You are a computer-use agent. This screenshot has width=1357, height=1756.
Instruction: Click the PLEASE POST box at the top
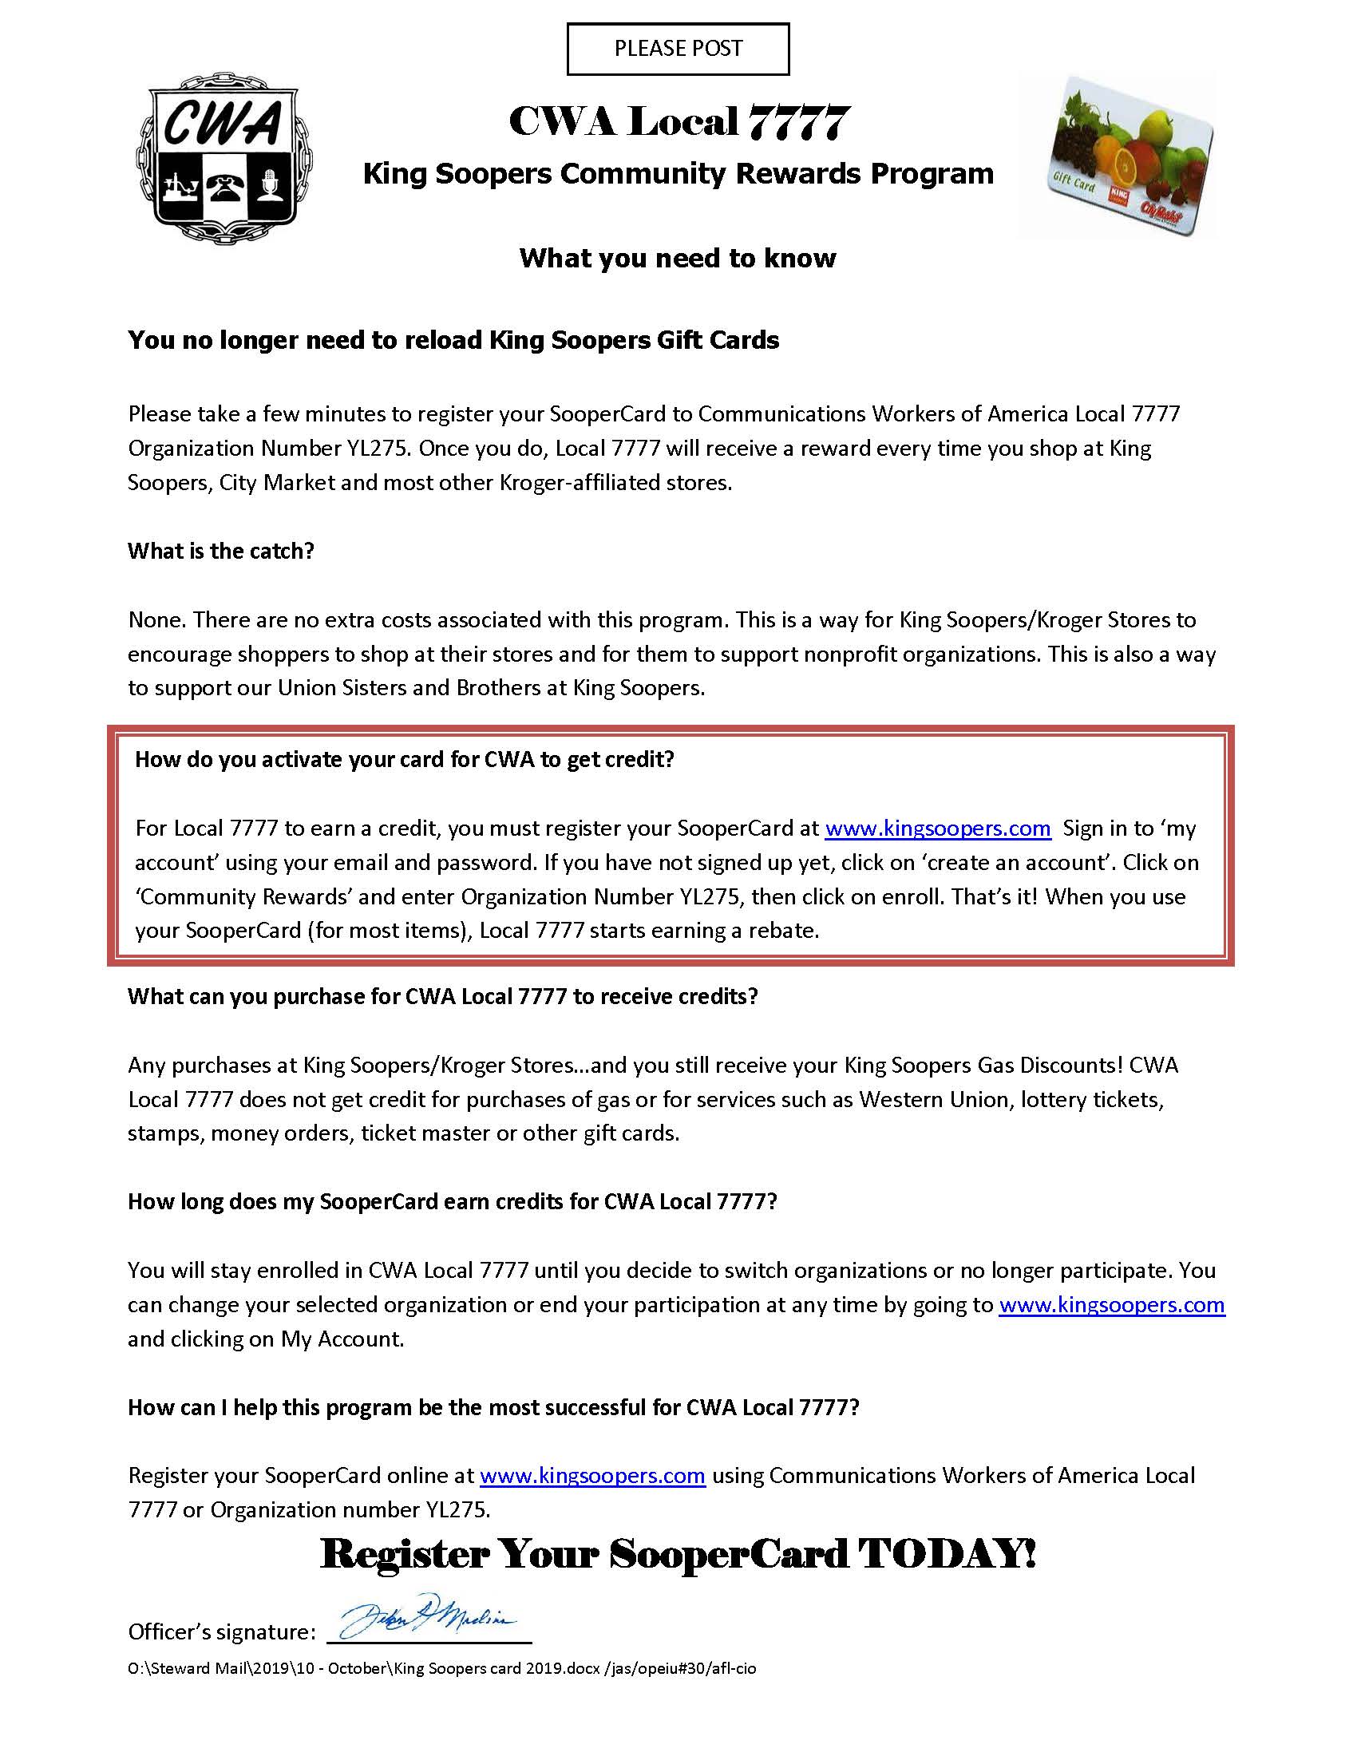tap(678, 49)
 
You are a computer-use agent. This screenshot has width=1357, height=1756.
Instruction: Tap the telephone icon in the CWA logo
tap(226, 188)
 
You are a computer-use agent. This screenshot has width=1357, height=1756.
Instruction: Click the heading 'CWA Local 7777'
tap(678, 122)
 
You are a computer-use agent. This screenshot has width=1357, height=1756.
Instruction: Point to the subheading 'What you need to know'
tap(678, 258)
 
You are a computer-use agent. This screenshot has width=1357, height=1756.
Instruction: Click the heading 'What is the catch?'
tap(220, 551)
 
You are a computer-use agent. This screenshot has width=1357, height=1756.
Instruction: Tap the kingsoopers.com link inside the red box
tap(937, 829)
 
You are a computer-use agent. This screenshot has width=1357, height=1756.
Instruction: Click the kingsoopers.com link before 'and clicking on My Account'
tap(1111, 1304)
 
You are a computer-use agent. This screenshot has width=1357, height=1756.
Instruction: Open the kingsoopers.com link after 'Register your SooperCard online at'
tap(592, 1475)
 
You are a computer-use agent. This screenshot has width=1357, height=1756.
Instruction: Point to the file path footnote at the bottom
tap(441, 1668)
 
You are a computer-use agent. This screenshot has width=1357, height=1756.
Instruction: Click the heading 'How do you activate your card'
tap(405, 759)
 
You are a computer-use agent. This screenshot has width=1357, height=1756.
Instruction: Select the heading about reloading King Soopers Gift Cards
tap(453, 340)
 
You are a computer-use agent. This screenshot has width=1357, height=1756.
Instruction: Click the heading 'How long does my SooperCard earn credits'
tap(452, 1201)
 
